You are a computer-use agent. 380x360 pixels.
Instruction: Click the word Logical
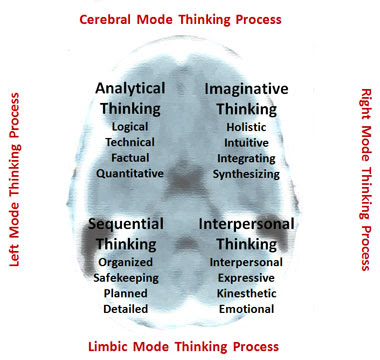pyautogui.click(x=130, y=127)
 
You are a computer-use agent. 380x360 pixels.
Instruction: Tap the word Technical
pyautogui.click(x=130, y=142)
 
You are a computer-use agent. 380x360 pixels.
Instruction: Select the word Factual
pyautogui.click(x=130, y=158)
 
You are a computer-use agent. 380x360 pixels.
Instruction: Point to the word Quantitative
pyautogui.click(x=130, y=173)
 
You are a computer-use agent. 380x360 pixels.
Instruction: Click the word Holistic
pyautogui.click(x=246, y=127)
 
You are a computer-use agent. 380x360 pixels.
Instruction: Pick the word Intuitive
pyautogui.click(x=246, y=143)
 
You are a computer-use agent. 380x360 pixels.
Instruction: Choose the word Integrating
pyautogui.click(x=246, y=159)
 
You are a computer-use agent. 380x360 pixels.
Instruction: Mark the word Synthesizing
pyautogui.click(x=246, y=174)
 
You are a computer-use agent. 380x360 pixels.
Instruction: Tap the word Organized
pyautogui.click(x=125, y=263)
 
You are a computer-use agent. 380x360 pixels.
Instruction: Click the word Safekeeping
pyautogui.click(x=126, y=278)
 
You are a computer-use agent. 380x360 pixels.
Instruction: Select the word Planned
pyautogui.click(x=126, y=293)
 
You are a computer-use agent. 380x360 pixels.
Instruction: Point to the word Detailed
pyautogui.click(x=126, y=309)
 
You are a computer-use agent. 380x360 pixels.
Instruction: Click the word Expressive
pyautogui.click(x=246, y=278)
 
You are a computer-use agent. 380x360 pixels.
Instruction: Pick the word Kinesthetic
pyautogui.click(x=247, y=293)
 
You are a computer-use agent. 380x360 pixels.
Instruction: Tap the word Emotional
pyautogui.click(x=247, y=309)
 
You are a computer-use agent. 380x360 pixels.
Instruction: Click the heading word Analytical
pyautogui.click(x=130, y=89)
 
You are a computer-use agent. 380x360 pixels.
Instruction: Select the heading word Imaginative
pyautogui.click(x=246, y=89)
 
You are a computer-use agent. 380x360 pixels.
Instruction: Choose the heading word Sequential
pyautogui.click(x=126, y=224)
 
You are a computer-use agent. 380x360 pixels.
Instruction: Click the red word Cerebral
pyautogui.click(x=105, y=19)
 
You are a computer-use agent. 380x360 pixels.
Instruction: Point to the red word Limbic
pyautogui.click(x=109, y=347)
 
